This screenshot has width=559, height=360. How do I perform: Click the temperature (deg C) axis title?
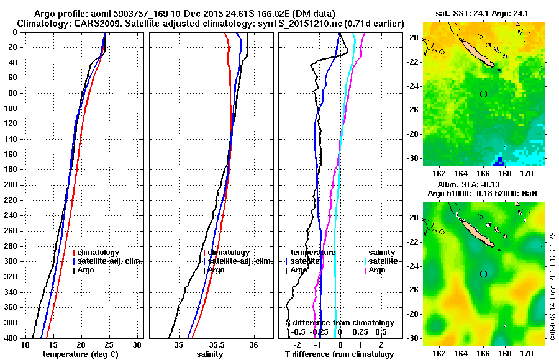coord(80,354)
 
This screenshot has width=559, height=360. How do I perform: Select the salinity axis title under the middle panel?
coord(209,354)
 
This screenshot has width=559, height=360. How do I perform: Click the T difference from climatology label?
coord(339,354)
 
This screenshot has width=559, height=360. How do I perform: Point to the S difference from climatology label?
coord(339,323)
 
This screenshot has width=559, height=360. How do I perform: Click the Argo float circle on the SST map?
coord(483,94)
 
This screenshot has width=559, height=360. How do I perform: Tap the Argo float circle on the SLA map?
coord(483,274)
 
